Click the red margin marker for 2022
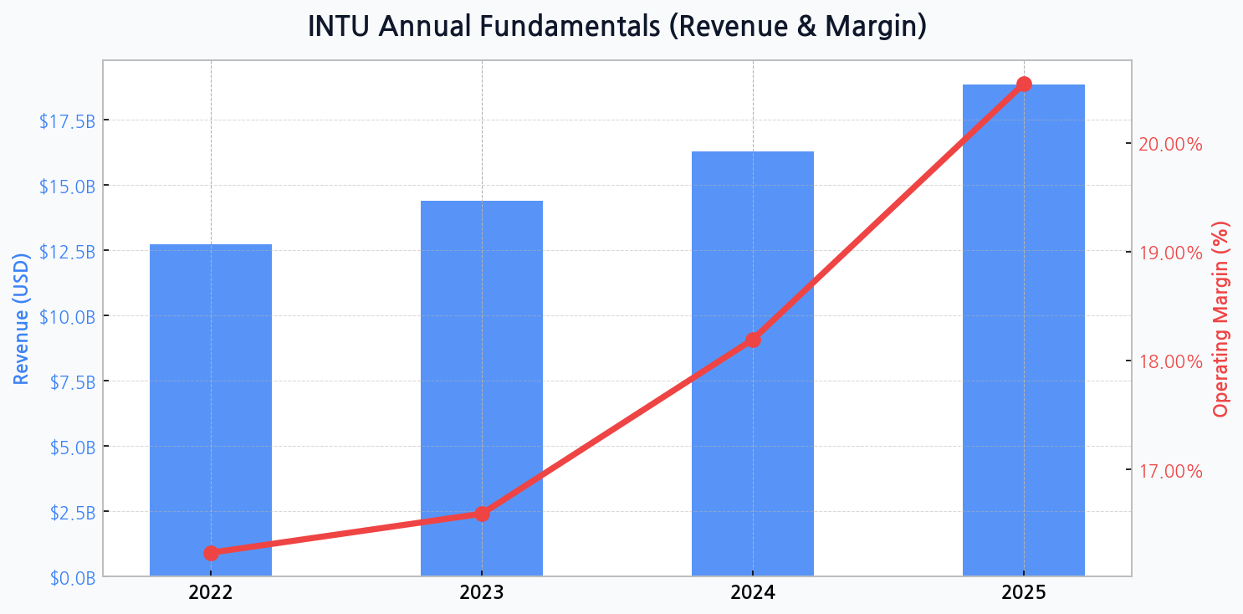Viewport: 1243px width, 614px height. coord(211,553)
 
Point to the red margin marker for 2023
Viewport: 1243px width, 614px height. coord(482,514)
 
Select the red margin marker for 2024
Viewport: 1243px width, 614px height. coord(753,340)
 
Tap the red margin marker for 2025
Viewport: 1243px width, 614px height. coord(1024,84)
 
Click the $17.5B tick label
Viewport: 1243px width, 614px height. coord(67,121)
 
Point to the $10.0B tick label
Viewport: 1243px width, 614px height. coord(67,317)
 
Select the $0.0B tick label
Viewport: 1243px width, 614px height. coord(70,577)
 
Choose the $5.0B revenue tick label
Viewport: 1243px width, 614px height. coord(70,447)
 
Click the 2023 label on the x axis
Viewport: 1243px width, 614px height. coord(482,593)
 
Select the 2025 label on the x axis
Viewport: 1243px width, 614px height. coord(1024,593)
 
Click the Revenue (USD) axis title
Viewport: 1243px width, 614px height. coord(21,318)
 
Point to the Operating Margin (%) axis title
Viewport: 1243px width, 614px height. coord(1221,318)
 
